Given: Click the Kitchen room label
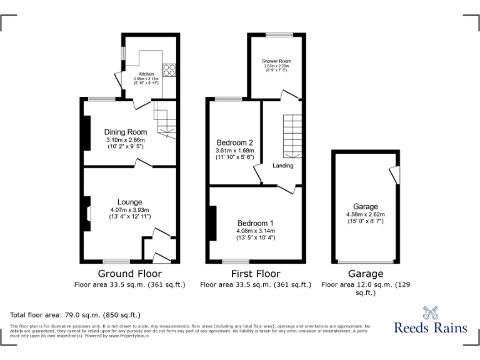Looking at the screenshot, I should point(146,74).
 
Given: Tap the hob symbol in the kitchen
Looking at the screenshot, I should point(169,70).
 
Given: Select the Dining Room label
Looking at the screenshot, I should point(126,132).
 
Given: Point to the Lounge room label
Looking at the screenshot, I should point(129,202).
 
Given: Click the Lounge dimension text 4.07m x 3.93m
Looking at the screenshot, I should point(129,209).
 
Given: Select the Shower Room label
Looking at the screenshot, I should point(276,61).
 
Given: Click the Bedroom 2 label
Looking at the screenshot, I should point(234,142).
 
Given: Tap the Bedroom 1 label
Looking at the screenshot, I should point(255,223).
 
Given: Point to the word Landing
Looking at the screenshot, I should point(282,166).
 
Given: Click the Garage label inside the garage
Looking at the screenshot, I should point(366,207).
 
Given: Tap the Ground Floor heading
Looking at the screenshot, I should point(130,274).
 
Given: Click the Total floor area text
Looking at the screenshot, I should point(76,315).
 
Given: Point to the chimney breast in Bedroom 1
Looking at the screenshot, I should point(214,224).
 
